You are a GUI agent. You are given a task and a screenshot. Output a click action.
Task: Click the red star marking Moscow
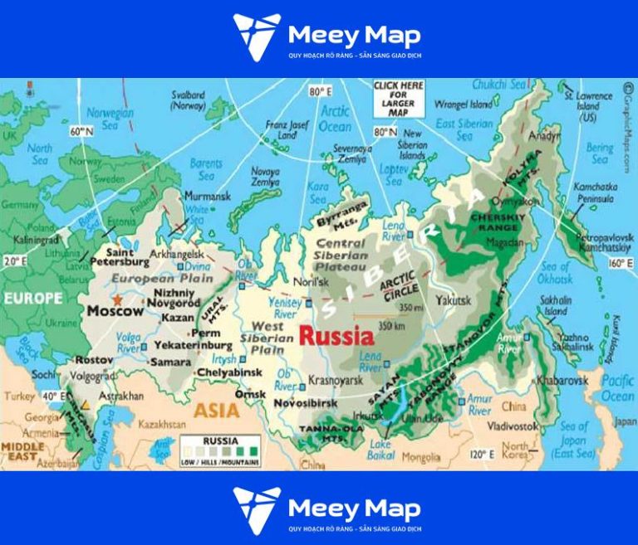[x=118, y=299]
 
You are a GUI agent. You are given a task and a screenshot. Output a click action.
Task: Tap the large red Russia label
[x=336, y=336]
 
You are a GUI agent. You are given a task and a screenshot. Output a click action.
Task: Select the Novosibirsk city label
[x=310, y=402]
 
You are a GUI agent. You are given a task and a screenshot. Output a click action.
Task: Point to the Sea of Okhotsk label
[x=555, y=272]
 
